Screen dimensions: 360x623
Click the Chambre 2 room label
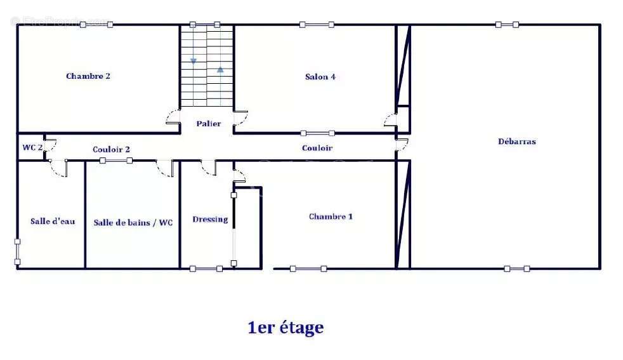pos(88,76)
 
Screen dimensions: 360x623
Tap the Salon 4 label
pos(320,77)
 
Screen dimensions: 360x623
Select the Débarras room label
pos(516,142)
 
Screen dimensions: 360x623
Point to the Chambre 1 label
pos(331,217)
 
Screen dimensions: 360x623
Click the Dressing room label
pos(210,219)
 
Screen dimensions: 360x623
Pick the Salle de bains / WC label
pos(133,222)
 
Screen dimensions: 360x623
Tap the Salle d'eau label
pos(53,221)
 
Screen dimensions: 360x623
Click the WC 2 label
pos(32,147)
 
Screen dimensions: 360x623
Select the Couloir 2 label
pos(112,150)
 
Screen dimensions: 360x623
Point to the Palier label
pos(208,124)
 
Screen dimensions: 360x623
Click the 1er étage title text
pos(285,328)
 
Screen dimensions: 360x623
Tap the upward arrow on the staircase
pos(220,69)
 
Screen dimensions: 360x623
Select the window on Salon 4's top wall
pos(317,25)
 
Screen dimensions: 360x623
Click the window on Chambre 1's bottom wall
pos(308,269)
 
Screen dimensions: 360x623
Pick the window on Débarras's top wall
pos(507,25)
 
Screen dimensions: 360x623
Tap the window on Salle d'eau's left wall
pos(17,251)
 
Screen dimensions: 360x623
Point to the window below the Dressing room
pos(206,269)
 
